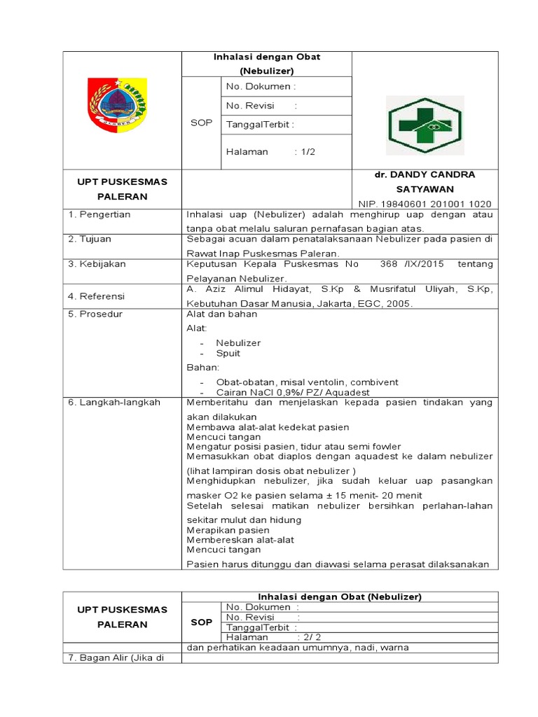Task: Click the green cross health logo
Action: [425, 125]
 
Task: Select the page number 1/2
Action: [305, 152]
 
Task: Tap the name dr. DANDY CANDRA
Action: [425, 174]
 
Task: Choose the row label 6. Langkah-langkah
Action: [114, 403]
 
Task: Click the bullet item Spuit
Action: [228, 354]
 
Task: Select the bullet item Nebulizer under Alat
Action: [238, 343]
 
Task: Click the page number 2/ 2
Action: [308, 637]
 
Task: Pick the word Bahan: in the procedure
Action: [202, 368]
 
